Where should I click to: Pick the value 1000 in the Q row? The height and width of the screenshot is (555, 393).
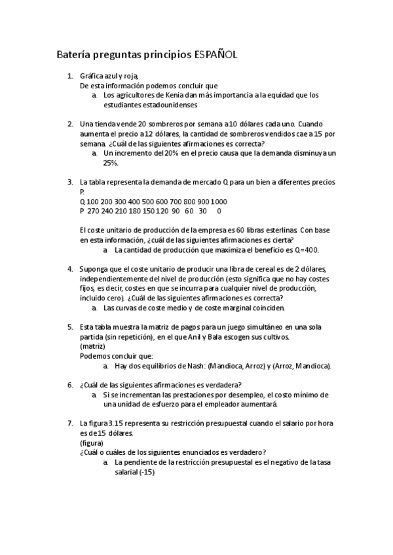(x=219, y=202)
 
